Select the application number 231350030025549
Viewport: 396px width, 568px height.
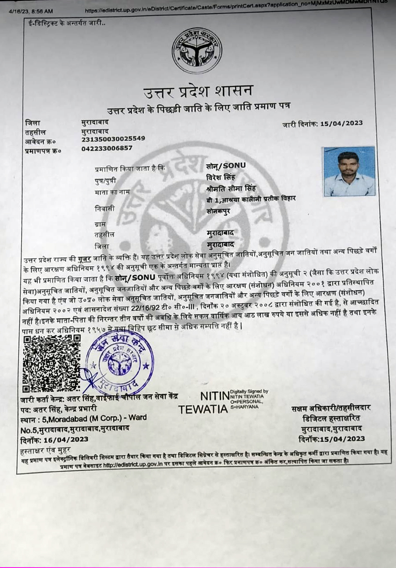(x=113, y=139)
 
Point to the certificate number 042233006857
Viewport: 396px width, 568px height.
(x=107, y=148)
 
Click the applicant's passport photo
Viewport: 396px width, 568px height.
(x=349, y=172)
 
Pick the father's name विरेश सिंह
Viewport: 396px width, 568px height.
(x=222, y=177)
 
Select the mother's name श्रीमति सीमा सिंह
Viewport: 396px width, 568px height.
(x=228, y=189)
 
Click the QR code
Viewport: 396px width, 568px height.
(x=52, y=363)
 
